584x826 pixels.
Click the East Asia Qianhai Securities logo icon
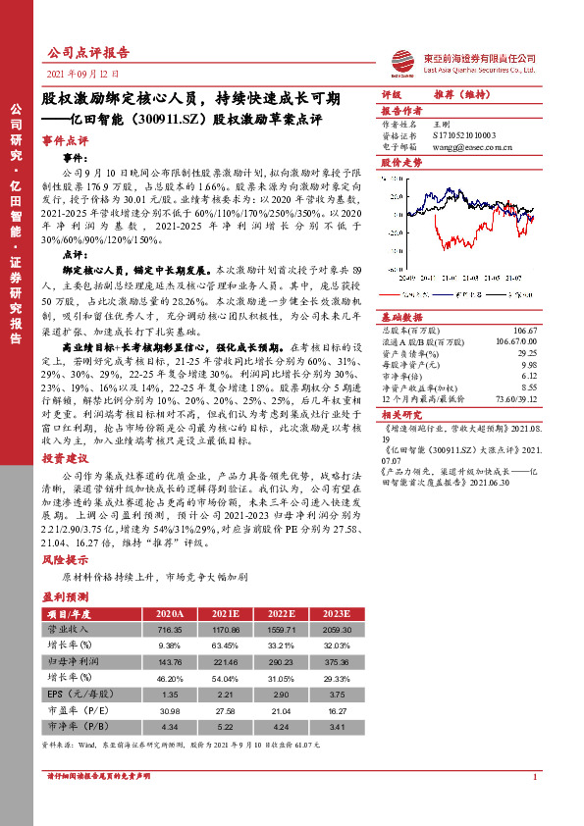401,62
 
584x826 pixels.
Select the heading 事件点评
66,140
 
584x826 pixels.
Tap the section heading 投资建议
66,458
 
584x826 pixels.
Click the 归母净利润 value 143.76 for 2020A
170,660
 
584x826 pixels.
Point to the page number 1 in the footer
536,804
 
